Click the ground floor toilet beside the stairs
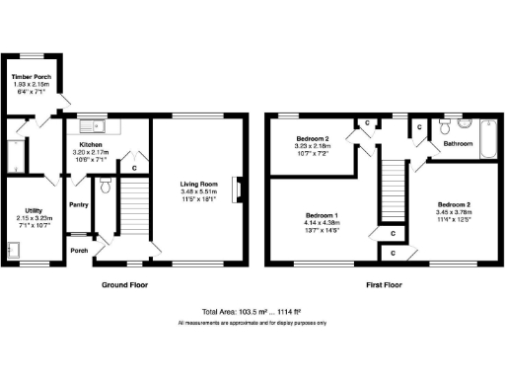click(x=107, y=185)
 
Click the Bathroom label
click(x=458, y=144)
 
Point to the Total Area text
click(x=252, y=310)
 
